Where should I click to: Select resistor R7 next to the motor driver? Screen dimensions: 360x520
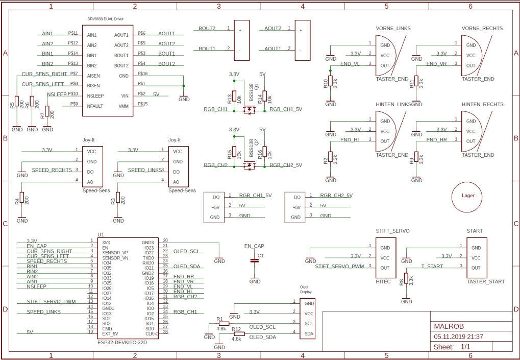(47, 111)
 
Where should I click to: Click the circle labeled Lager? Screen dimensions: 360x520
(467, 196)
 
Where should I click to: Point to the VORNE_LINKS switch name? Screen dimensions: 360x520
(393, 29)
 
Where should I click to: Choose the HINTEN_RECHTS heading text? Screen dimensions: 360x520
(482, 104)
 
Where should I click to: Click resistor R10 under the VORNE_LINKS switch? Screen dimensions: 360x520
(331, 82)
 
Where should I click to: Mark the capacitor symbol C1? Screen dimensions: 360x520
(255, 261)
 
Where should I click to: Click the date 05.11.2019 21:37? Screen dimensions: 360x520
(458, 337)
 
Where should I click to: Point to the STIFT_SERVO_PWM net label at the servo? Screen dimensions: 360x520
(340, 267)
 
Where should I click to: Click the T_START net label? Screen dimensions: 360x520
(432, 267)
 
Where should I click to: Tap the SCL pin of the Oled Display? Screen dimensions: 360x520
(308, 323)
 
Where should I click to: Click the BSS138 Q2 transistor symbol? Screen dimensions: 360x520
(250, 165)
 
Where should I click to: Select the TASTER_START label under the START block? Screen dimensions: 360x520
(485, 281)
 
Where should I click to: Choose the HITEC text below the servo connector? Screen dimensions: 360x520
(383, 281)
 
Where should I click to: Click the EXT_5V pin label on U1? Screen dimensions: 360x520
(110, 333)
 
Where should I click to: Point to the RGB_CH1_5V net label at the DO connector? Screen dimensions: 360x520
(255, 195)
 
